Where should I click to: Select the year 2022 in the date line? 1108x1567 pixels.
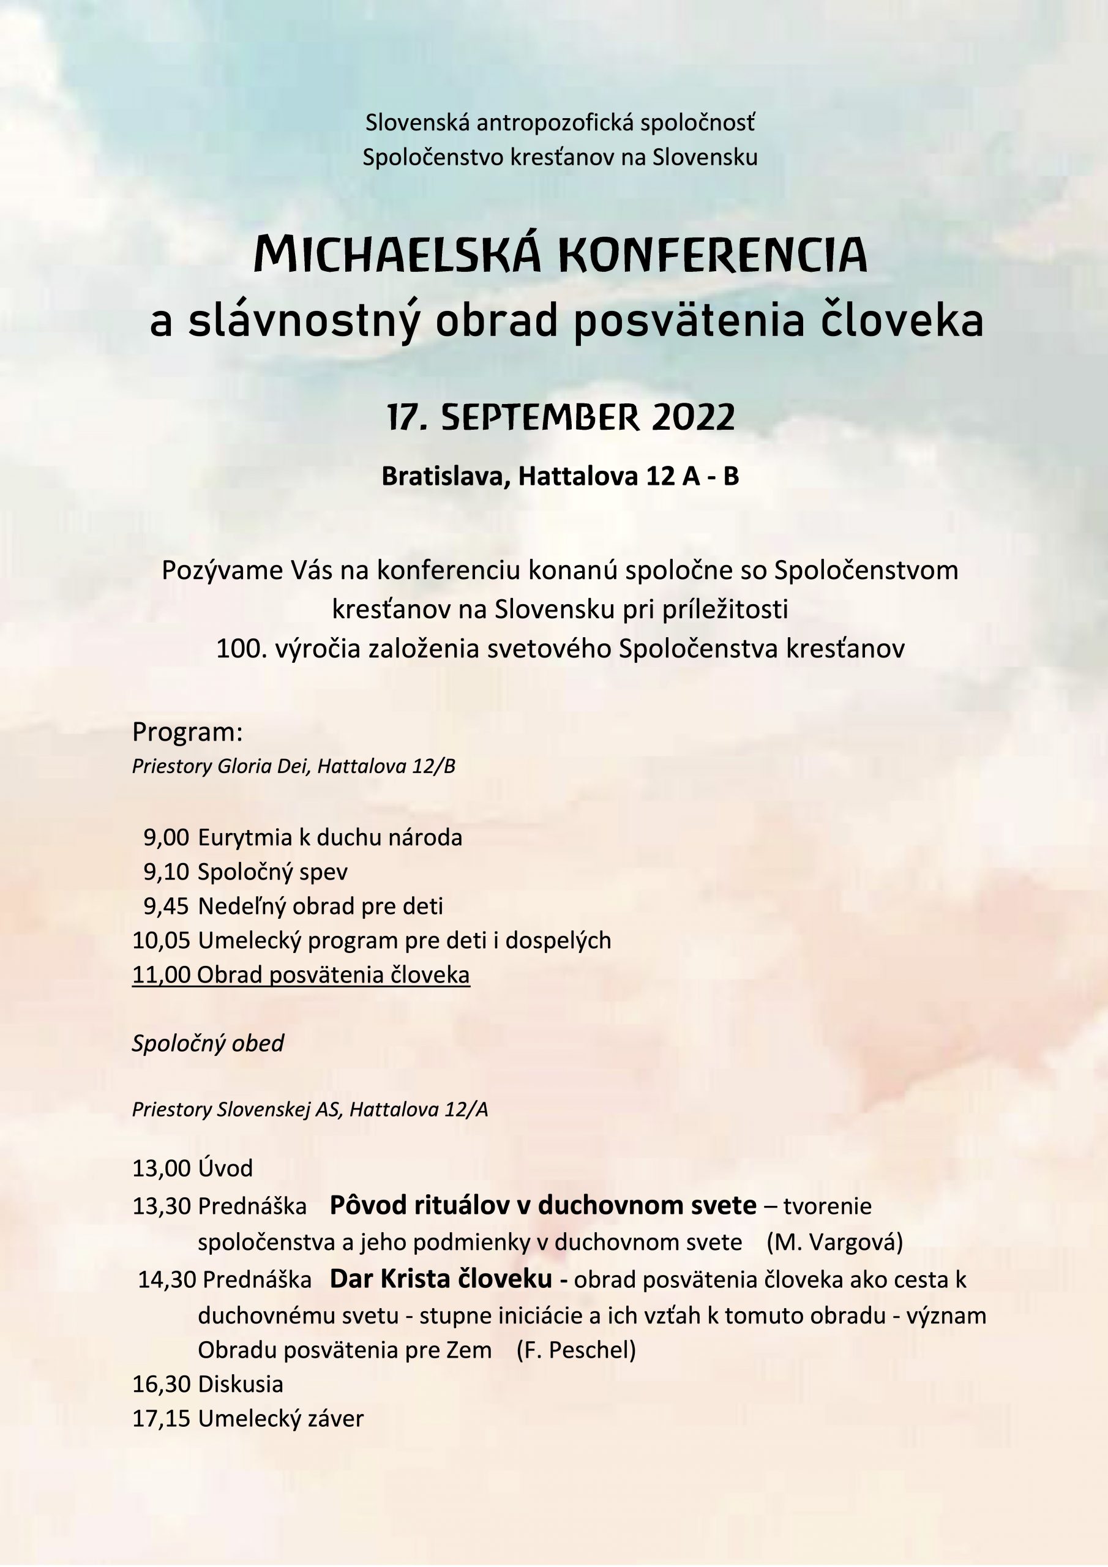693,417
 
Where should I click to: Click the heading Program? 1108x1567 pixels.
188,732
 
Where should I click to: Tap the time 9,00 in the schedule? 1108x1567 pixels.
166,837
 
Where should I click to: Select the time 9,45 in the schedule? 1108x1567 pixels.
166,907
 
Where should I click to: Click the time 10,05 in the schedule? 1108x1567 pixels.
161,940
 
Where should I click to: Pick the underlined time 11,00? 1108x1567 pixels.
161,974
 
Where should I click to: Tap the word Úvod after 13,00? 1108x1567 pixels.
225,1169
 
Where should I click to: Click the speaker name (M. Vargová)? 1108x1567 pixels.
834,1242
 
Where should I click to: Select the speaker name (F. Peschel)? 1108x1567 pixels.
576,1350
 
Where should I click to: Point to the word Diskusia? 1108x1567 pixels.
241,1384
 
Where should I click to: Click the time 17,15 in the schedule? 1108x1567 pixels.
161,1419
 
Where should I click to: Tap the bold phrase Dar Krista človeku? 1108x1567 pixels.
441,1278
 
